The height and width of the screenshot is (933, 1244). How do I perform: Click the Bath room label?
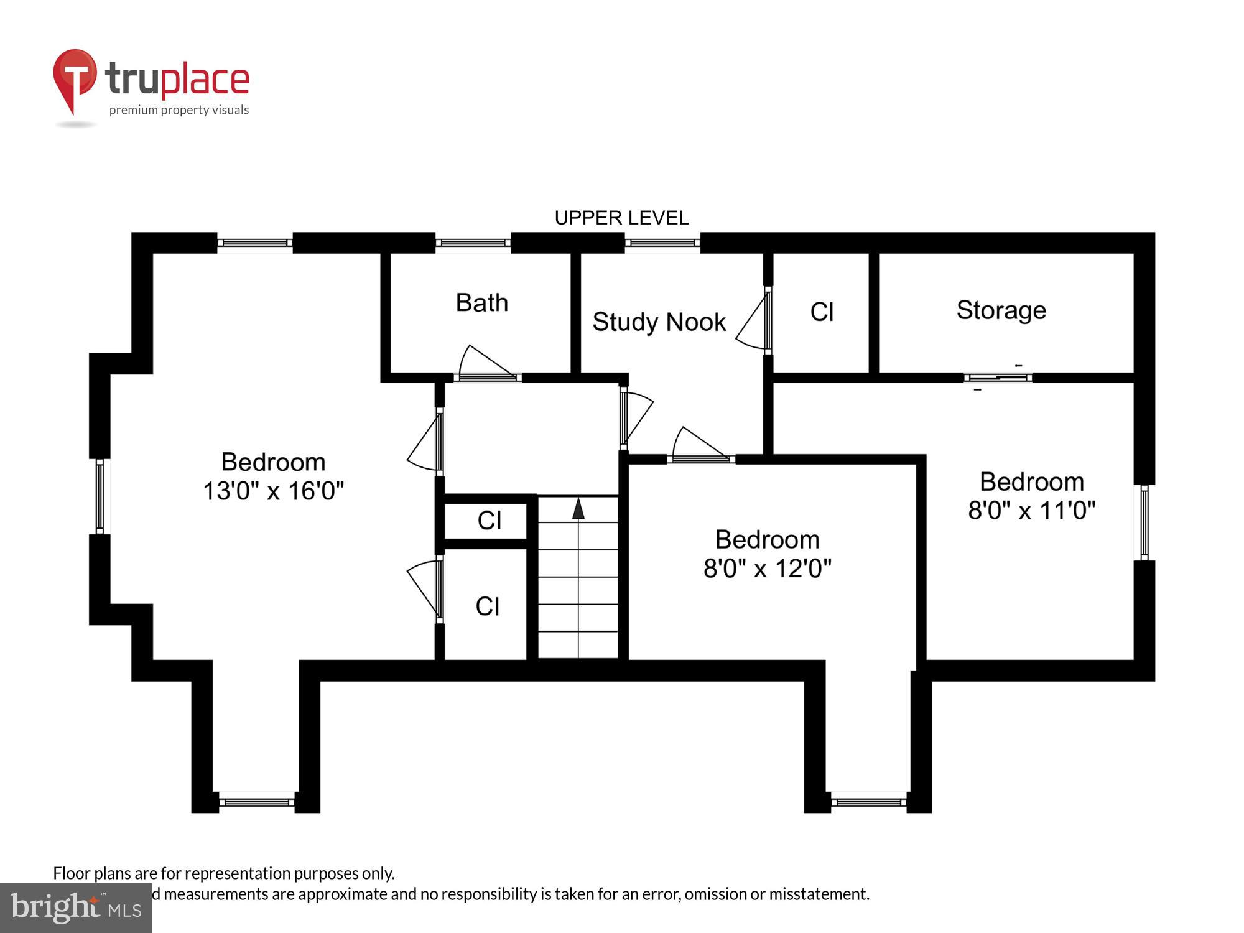pyautogui.click(x=481, y=303)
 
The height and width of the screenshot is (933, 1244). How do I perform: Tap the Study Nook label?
pyautogui.click(x=659, y=322)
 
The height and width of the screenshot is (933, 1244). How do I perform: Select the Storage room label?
pyautogui.click(x=1001, y=310)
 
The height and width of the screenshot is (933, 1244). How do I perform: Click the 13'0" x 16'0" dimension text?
pyautogui.click(x=273, y=491)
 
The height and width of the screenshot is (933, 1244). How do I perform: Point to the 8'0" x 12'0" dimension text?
pyautogui.click(x=767, y=568)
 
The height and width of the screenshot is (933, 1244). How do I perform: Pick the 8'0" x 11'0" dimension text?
pyautogui.click(x=1031, y=510)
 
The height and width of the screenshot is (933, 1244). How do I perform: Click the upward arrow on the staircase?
pyautogui.click(x=578, y=508)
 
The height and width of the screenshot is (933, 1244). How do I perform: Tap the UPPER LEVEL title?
pyautogui.click(x=621, y=218)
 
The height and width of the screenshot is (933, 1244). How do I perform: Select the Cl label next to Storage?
pyautogui.click(x=821, y=312)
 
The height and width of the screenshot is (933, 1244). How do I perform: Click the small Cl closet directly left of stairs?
pyautogui.click(x=489, y=521)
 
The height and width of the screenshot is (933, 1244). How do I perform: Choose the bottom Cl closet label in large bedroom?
pyautogui.click(x=487, y=606)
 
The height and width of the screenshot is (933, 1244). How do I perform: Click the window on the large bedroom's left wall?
pyautogui.click(x=100, y=496)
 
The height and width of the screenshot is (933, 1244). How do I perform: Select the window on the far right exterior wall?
pyautogui.click(x=1144, y=522)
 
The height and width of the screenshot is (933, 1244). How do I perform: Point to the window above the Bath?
pyautogui.click(x=473, y=243)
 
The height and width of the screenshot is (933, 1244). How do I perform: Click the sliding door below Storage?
pyautogui.click(x=998, y=378)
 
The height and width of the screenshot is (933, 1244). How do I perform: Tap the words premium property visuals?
pyautogui.click(x=179, y=110)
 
